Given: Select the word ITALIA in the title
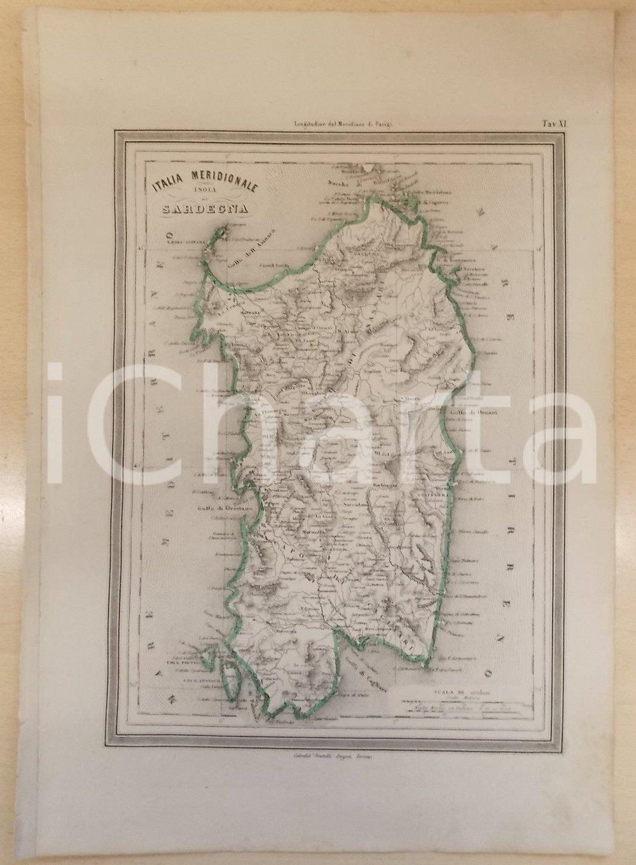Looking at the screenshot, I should tap(168, 186).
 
